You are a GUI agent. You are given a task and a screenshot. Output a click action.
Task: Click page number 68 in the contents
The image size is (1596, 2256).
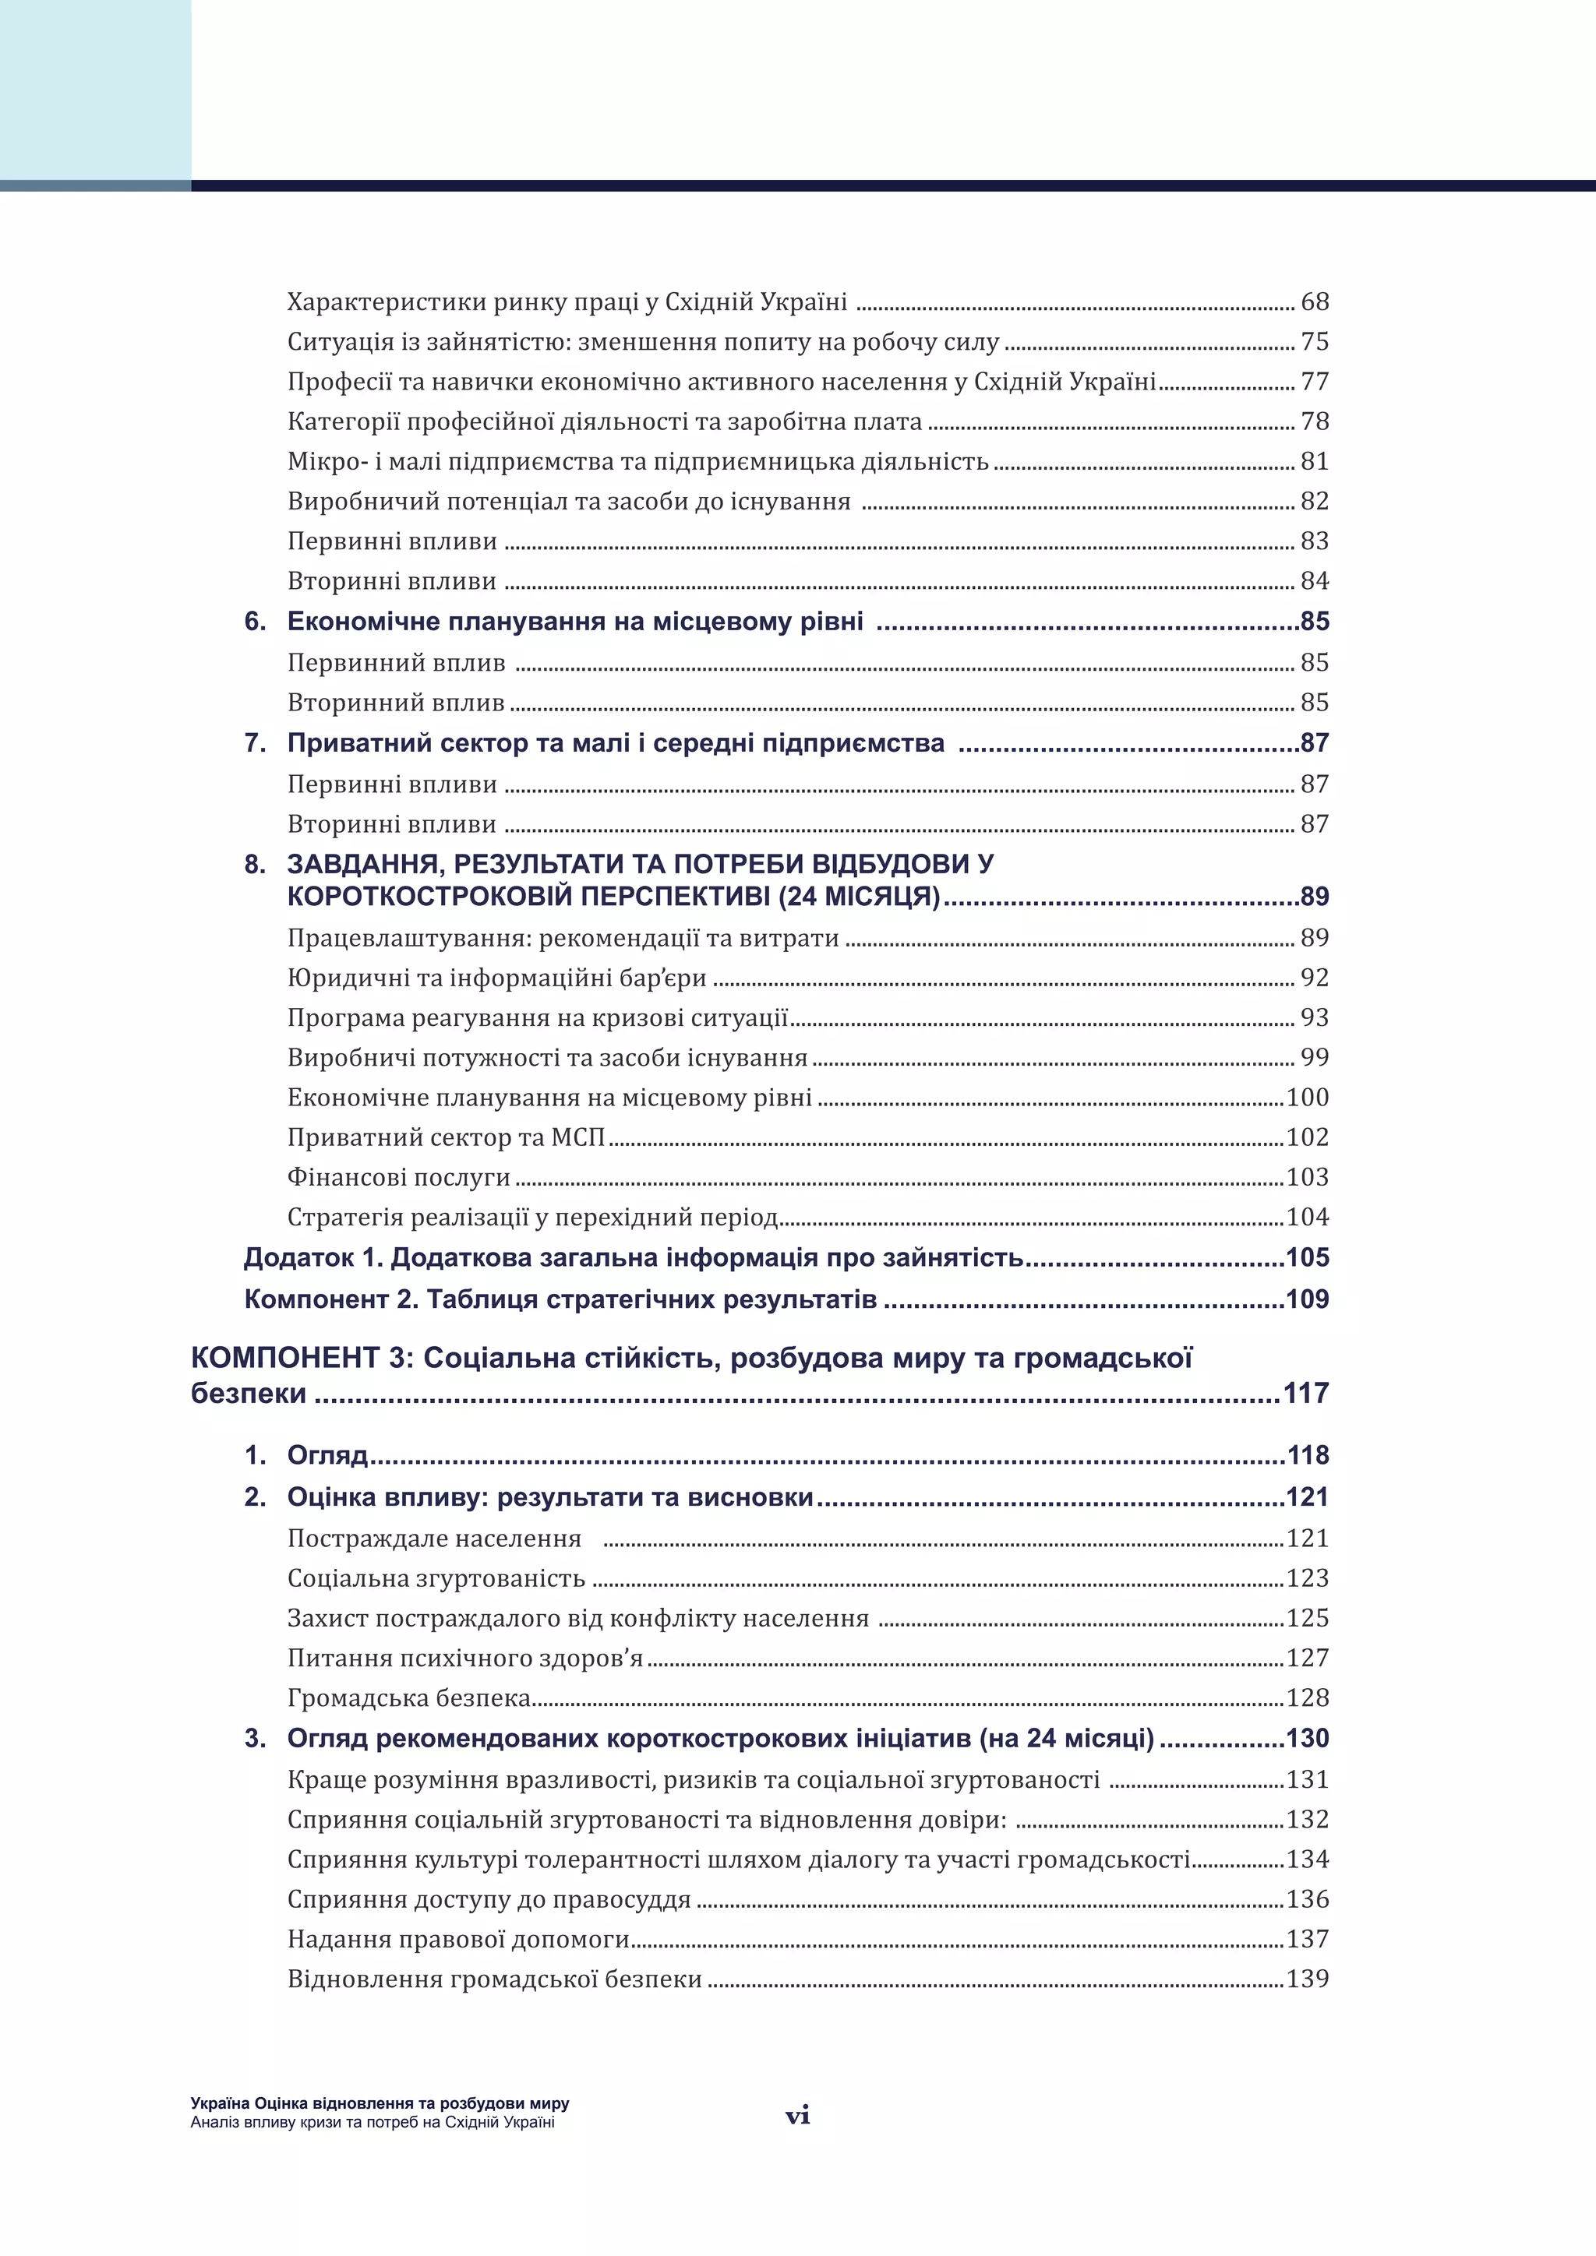[1314, 301]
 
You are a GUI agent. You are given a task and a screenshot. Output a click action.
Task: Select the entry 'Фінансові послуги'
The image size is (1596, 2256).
[398, 1177]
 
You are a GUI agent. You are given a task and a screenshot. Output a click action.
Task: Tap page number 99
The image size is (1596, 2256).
[1314, 1057]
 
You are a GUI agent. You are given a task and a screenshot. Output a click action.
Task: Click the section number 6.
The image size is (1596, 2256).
[255, 622]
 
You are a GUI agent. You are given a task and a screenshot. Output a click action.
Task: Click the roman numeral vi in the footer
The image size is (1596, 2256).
[797, 2116]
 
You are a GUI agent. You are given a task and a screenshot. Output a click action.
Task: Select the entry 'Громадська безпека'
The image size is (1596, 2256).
[409, 1698]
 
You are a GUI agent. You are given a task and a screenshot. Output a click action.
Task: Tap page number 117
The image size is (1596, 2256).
[1305, 1394]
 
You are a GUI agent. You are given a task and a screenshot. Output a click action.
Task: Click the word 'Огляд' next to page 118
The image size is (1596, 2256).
[327, 1455]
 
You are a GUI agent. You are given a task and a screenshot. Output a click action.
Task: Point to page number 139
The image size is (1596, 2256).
[1307, 1979]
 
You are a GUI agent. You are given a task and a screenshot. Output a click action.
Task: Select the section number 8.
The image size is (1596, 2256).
[255, 865]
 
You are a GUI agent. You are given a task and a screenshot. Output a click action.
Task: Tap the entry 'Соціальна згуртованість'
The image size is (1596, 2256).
[436, 1578]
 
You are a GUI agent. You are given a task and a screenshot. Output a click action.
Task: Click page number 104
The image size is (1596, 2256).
[1307, 1218]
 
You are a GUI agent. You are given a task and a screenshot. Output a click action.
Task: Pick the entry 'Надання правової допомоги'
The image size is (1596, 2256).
[458, 1939]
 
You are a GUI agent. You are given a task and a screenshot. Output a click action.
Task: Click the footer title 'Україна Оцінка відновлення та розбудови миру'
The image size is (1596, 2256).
[380, 2103]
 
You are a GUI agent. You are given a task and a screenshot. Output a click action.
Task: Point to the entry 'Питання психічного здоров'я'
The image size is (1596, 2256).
[464, 1659]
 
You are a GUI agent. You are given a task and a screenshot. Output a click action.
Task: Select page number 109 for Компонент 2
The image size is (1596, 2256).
[1307, 1299]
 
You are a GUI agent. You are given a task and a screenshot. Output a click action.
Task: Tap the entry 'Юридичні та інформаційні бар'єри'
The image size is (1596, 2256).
[496, 978]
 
